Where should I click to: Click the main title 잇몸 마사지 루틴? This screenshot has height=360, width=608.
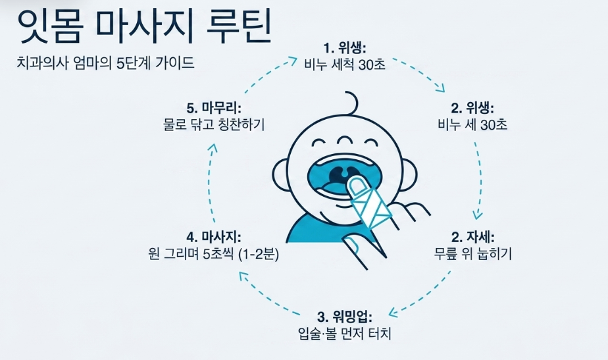(144, 26)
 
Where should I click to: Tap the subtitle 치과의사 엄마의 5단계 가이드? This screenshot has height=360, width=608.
(105, 63)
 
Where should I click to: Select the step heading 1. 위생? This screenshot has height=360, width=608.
(345, 48)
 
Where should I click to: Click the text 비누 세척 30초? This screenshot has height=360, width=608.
(345, 64)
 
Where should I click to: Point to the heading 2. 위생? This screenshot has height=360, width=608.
(472, 108)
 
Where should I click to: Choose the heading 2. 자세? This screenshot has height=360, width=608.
(472, 237)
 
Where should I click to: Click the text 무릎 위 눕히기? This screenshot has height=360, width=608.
(472, 253)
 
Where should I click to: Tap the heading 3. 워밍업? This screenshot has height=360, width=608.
(345, 317)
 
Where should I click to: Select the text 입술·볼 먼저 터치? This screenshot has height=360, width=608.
(345, 334)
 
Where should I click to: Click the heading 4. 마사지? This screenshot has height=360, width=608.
(214, 237)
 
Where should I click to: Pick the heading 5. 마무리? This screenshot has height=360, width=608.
(214, 108)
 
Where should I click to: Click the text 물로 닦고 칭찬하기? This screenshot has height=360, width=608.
(214, 124)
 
